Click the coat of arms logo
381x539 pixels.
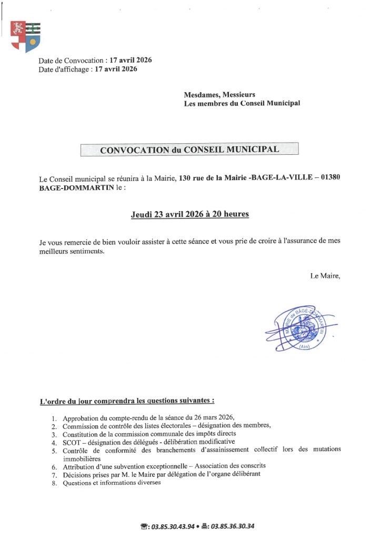[25, 36]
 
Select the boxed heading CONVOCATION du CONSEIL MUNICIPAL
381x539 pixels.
[189, 149]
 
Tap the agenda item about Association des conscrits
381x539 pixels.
[164, 466]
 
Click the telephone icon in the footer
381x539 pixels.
[145, 526]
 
